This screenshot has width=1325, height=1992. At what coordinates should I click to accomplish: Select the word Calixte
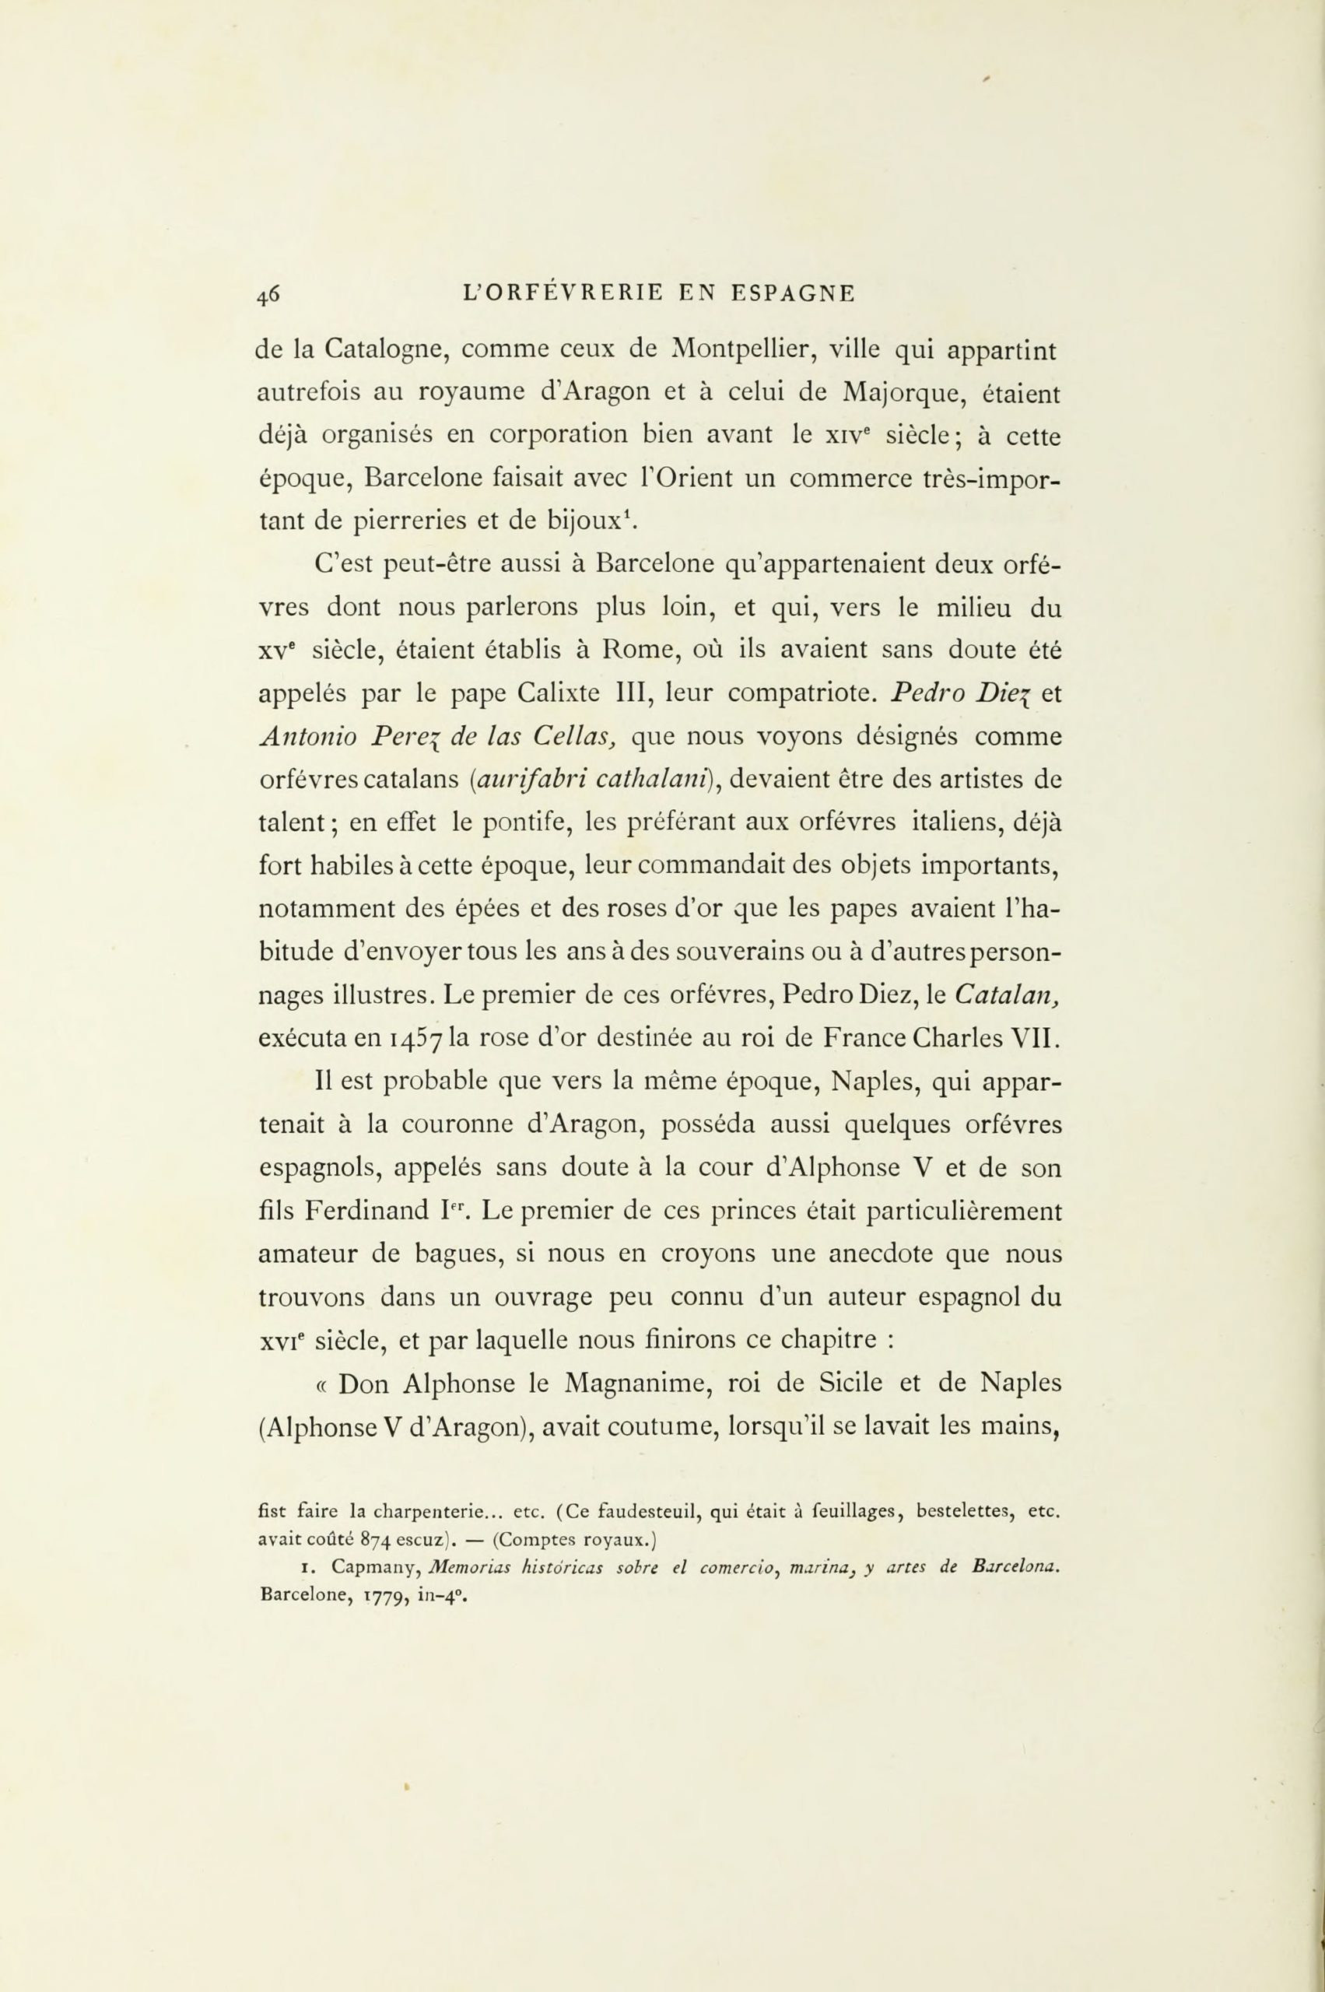558,693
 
